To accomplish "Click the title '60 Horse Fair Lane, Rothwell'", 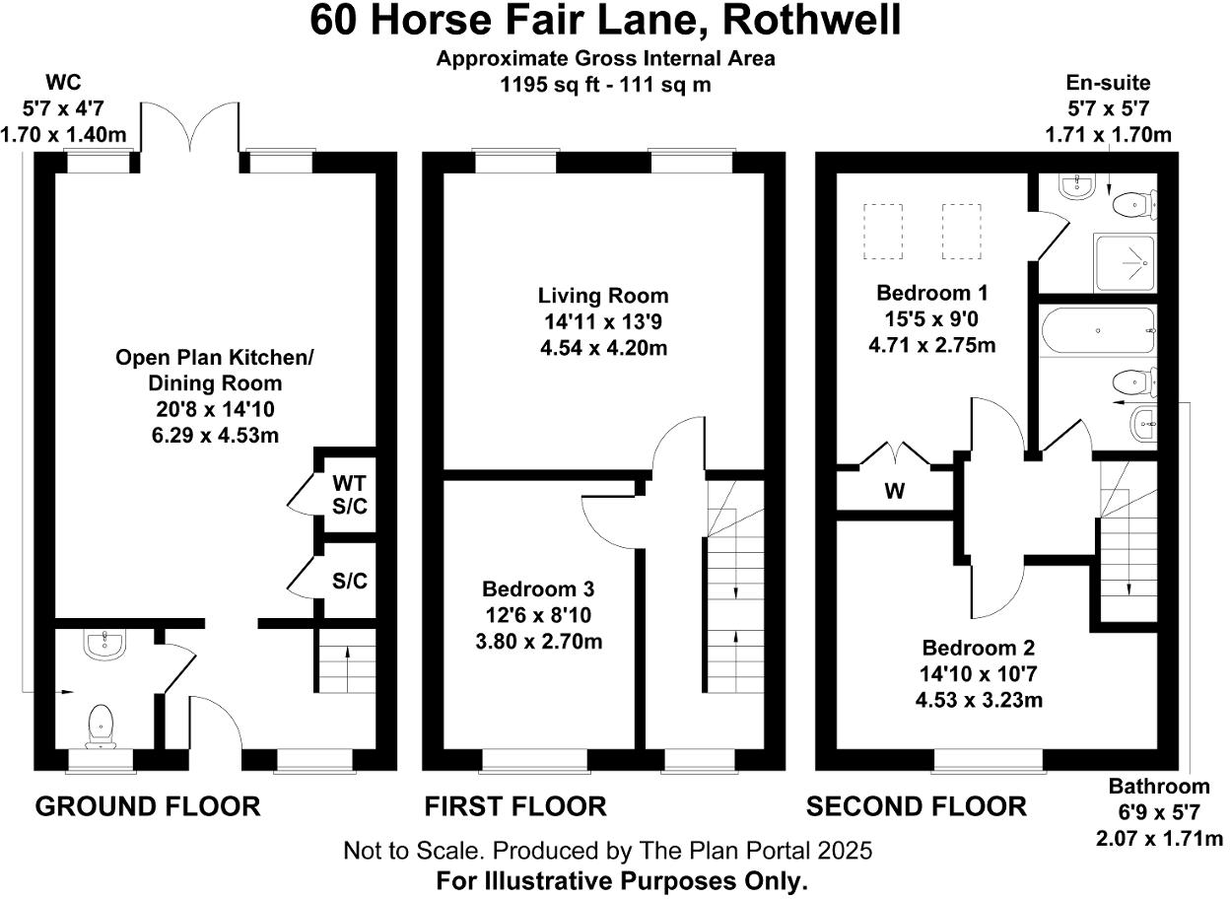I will coord(605,21).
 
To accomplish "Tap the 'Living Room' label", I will coord(602,295).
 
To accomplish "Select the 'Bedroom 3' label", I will coord(538,589).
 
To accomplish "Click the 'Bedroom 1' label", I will coord(932,293).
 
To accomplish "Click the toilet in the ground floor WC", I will coord(102,725).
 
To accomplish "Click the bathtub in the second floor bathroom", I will coord(1097,331).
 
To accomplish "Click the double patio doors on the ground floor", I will coord(190,130).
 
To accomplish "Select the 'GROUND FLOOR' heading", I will coord(148,806).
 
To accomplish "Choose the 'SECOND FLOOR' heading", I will coord(916,806).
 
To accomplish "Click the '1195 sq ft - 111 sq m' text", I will coord(605,85).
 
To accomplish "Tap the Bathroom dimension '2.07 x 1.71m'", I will coord(1158,839).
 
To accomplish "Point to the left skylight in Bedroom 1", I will coord(883,232).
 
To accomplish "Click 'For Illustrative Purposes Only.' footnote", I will coord(621,880).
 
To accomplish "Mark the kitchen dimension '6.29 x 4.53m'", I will coord(199,433).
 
